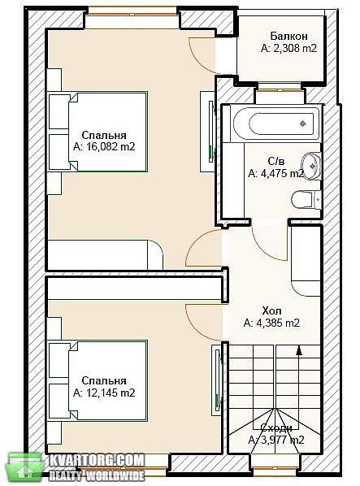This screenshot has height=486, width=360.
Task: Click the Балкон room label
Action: (x=288, y=36)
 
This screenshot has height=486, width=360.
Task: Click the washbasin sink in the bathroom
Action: (x=311, y=165)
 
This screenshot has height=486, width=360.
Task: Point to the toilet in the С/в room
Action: (x=306, y=199)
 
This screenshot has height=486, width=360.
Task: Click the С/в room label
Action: (x=276, y=161)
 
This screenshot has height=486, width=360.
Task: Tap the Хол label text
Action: (x=271, y=310)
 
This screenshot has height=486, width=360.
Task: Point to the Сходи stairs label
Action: (x=276, y=428)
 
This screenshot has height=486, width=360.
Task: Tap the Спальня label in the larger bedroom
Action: (x=104, y=135)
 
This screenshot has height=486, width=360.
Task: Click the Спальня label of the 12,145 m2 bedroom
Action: (x=104, y=380)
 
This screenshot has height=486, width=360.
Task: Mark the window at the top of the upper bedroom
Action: (x=132, y=14)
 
